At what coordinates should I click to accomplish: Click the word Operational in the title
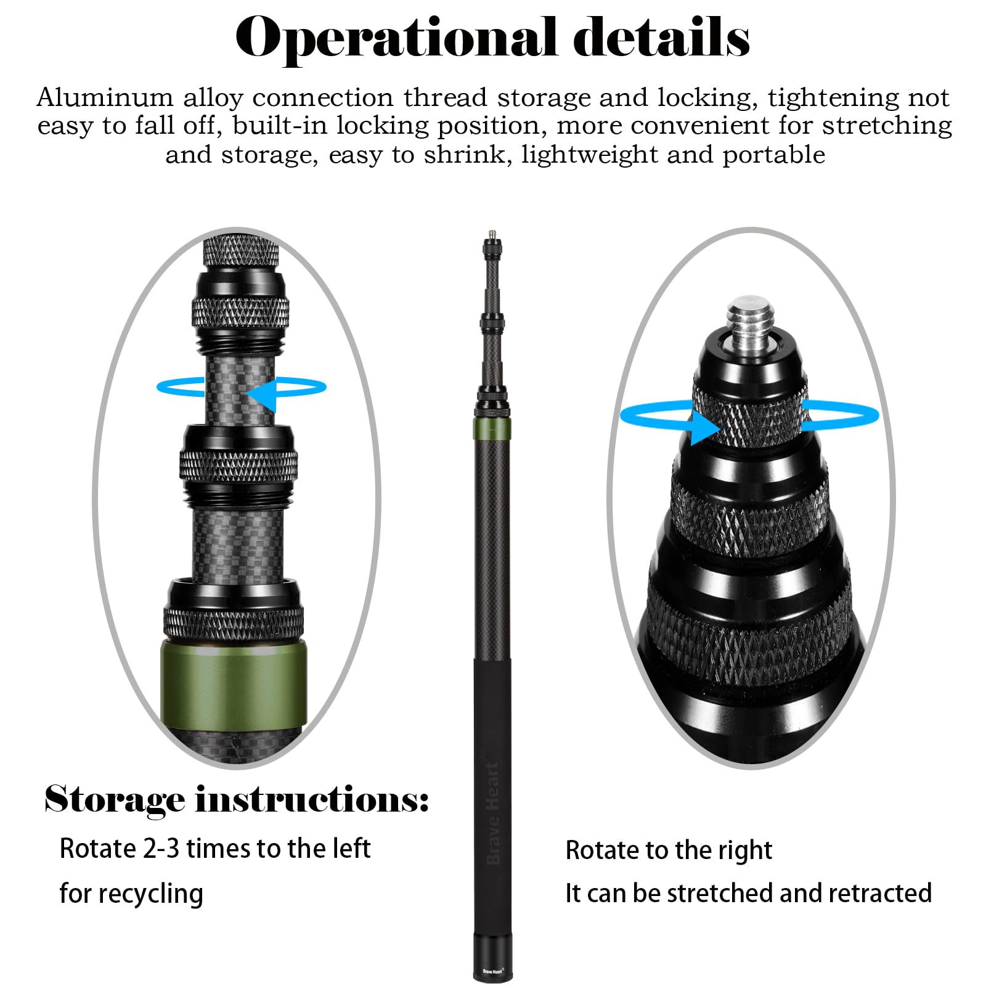coord(394,38)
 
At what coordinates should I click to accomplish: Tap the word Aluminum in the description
coord(105,98)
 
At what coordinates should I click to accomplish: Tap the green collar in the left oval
coord(234,685)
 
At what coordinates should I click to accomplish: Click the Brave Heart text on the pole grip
coord(492,813)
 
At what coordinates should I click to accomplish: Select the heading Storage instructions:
coord(236,801)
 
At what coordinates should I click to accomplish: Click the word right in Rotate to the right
coord(744,851)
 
